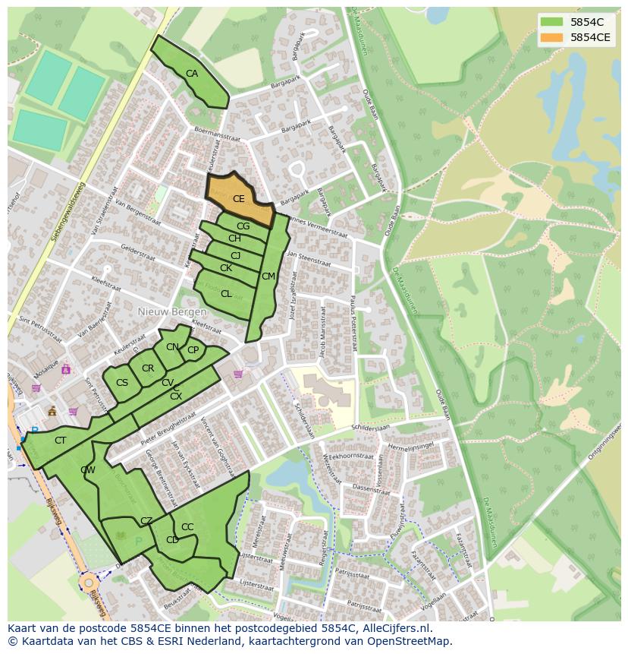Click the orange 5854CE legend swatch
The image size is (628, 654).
tap(554, 36)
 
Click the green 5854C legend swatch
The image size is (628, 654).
tap(554, 22)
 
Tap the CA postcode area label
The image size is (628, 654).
tap(192, 74)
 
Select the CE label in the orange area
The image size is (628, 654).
tap(238, 199)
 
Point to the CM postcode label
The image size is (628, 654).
tap(268, 276)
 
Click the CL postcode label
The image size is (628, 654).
tap(226, 294)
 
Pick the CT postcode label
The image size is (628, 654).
tap(61, 441)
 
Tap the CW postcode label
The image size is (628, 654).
tap(88, 470)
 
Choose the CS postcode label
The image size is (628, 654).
tap(122, 383)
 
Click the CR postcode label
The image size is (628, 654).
tap(148, 368)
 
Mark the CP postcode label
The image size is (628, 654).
tap(193, 350)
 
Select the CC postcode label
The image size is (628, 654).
tap(187, 527)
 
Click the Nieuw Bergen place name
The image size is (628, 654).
tap(171, 312)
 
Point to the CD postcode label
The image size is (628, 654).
tap(172, 540)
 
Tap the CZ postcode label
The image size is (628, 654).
tap(146, 520)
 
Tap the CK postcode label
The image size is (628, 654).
tap(226, 268)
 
